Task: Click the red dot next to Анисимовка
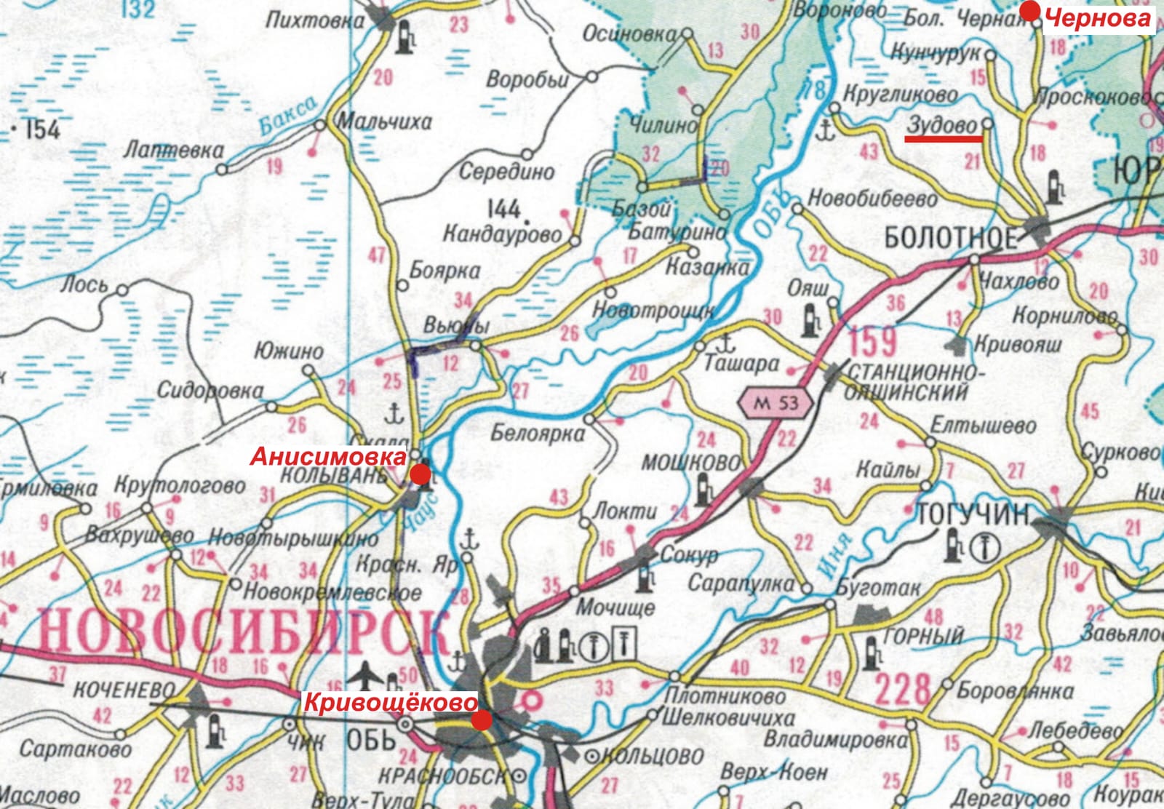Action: (x=420, y=475)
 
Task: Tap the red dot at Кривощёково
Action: (x=482, y=720)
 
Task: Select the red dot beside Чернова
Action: (x=1030, y=11)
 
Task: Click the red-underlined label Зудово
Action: (x=942, y=125)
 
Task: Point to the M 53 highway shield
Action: (x=776, y=402)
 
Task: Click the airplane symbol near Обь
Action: (x=365, y=677)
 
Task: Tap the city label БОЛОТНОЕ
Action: (x=950, y=237)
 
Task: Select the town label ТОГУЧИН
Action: (x=973, y=514)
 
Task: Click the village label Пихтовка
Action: (x=314, y=20)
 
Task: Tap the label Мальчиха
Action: (x=386, y=121)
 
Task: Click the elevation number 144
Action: (x=503, y=210)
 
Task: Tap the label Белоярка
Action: (x=538, y=434)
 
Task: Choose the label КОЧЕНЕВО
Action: (x=124, y=689)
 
